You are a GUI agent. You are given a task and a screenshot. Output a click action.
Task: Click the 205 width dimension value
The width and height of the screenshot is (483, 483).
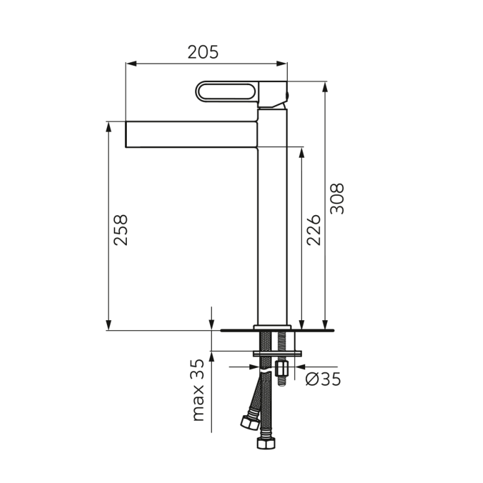(203, 52)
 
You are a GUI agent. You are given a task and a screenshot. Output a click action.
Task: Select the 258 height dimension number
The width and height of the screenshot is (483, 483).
(121, 229)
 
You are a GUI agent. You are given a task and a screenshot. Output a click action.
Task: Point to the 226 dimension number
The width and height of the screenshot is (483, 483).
(315, 229)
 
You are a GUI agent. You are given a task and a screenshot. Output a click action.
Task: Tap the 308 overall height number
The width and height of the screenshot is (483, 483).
(336, 199)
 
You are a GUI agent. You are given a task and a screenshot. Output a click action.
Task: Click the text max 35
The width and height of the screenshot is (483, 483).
(198, 390)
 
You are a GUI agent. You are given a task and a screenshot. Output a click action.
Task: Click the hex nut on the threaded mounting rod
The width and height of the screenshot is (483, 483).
(280, 371)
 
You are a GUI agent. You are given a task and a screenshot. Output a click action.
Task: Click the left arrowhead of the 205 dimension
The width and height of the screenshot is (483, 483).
(129, 63)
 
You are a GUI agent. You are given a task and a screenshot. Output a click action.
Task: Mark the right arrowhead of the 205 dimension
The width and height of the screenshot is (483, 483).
(283, 63)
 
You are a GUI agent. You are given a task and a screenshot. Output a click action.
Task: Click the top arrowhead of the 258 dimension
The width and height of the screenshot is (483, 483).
(109, 126)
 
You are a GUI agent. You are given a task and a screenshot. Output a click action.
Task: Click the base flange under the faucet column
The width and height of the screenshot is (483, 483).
(272, 327)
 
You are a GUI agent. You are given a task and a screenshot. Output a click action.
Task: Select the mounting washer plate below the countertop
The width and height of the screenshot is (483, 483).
(277, 354)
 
